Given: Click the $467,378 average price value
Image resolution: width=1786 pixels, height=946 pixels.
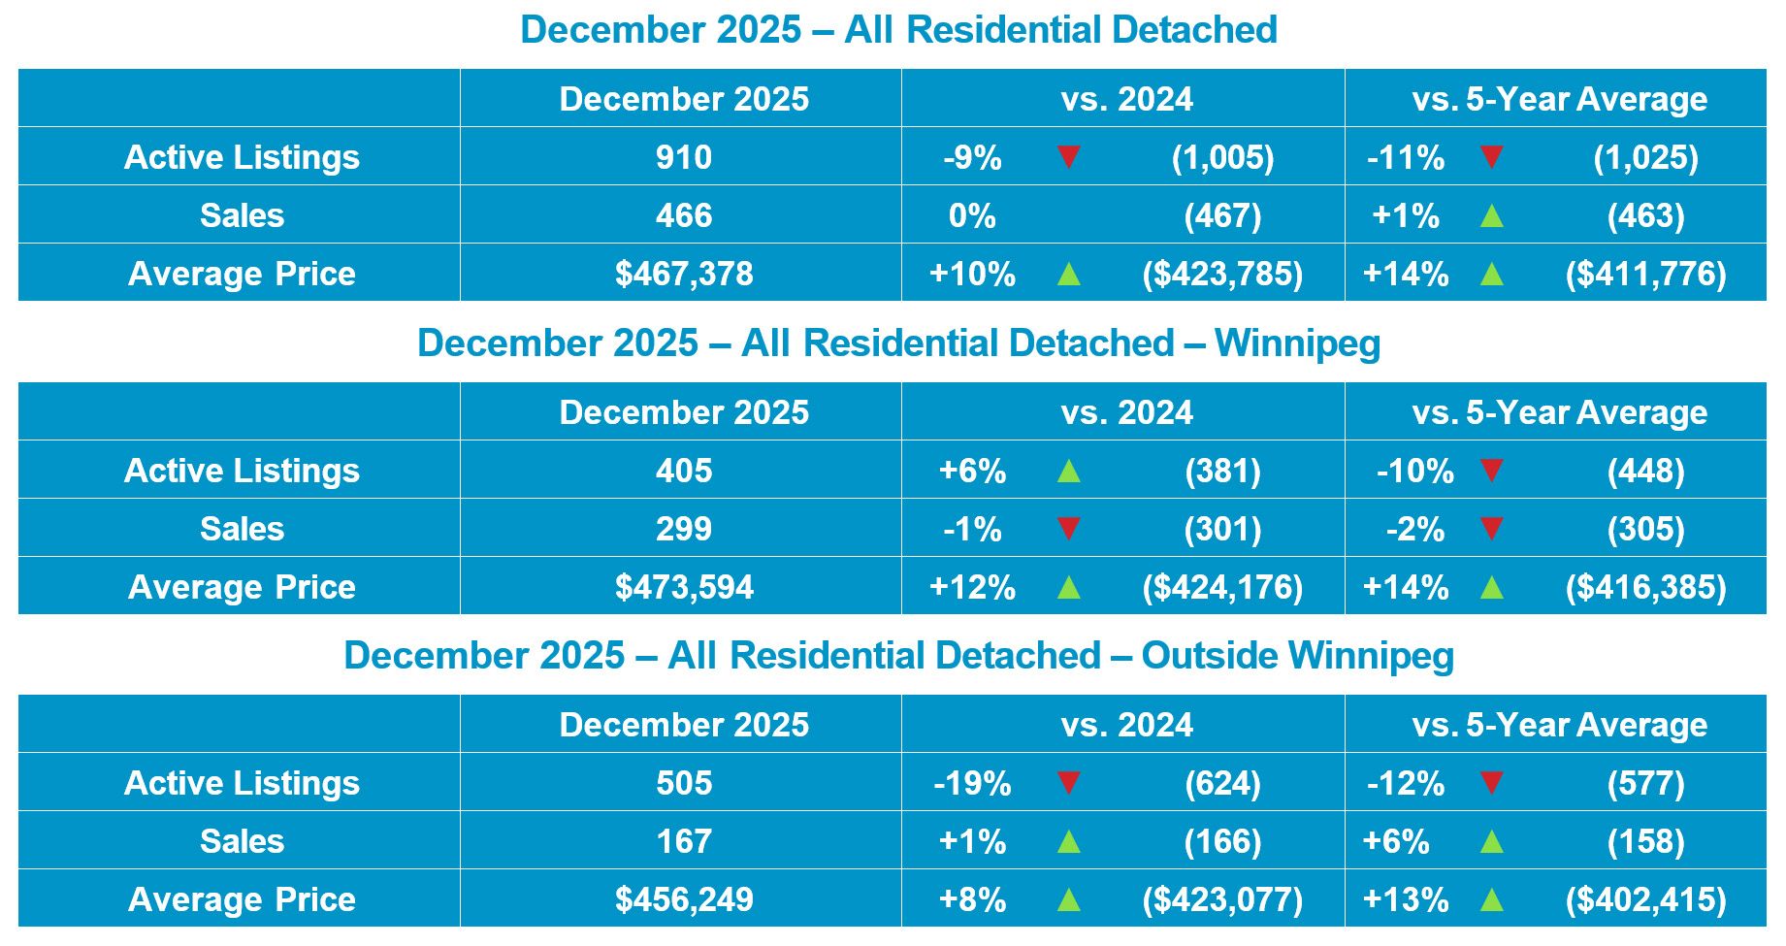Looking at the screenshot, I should (684, 274).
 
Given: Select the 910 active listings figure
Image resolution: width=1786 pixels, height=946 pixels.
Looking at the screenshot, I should (684, 157).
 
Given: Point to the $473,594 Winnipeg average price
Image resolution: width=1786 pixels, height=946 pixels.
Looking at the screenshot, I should (684, 587).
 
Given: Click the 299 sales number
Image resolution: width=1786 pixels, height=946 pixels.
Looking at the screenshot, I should (684, 529).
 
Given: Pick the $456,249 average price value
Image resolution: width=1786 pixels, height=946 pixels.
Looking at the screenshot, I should (684, 899).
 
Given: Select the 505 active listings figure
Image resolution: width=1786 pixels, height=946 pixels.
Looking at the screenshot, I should (684, 783).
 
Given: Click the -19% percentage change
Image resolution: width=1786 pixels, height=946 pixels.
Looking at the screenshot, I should (972, 783).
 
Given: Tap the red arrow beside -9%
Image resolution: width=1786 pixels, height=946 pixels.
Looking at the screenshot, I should (1068, 156).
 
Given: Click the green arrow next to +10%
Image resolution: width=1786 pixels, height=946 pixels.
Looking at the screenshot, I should (1068, 274).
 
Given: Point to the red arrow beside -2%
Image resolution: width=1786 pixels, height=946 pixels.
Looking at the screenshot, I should (1491, 529).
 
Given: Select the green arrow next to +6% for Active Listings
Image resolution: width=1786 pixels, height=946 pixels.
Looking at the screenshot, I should (1068, 471).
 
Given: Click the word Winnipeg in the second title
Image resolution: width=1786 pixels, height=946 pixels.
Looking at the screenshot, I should (1297, 343).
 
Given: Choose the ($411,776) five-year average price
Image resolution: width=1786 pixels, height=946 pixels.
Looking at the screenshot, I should (1645, 274).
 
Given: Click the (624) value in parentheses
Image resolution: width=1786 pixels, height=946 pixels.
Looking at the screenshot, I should (1222, 783).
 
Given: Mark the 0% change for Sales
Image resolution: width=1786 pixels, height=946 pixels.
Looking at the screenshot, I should (972, 215).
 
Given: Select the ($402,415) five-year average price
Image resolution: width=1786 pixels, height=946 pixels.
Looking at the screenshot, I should (1645, 899).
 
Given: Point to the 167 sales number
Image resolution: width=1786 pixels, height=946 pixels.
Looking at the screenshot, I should (684, 841).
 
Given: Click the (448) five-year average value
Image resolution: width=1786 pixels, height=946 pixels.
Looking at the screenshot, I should (1645, 471).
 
